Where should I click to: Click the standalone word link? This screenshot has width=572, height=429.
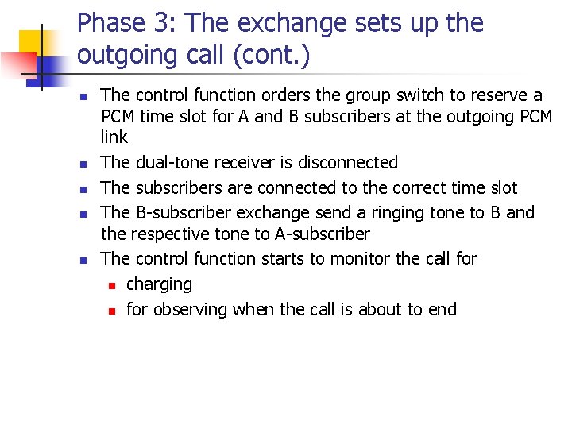114,137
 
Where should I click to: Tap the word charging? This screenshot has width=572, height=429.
159,284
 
